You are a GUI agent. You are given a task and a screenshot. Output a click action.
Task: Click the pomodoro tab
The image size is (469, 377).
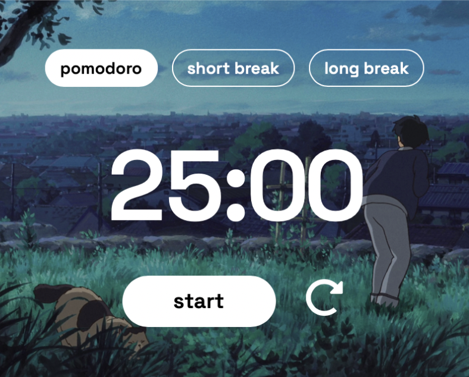click(101, 68)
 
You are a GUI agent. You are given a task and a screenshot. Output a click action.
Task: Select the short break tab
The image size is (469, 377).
click(233, 68)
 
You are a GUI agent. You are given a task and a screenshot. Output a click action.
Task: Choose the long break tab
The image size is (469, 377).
click(366, 68)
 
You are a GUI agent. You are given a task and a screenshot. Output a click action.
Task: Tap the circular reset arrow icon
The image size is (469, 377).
click(325, 298)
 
